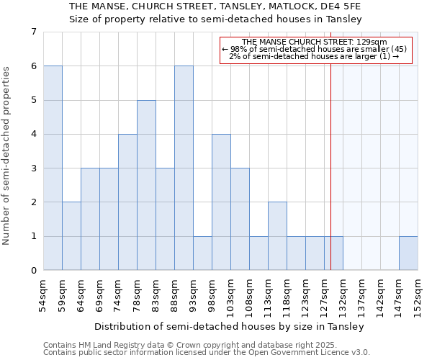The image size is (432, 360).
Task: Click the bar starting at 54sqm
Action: coord(53,168)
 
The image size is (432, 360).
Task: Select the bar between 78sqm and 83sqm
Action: coord(146,185)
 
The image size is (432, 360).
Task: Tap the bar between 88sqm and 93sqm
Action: coord(184,168)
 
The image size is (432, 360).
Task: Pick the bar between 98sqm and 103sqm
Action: coord(221,202)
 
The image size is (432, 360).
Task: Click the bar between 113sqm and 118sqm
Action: coord(277,236)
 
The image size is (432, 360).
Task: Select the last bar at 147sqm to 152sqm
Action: coord(408,253)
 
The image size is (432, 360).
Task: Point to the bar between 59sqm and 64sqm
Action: coord(71,236)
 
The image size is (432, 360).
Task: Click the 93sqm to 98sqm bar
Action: coord(202,253)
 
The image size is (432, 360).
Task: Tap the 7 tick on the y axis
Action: coord(33,32)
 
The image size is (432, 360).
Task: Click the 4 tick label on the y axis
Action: coord(33,134)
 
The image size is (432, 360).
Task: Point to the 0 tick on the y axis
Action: coord(33,270)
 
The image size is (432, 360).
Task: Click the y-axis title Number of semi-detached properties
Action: coord(7,156)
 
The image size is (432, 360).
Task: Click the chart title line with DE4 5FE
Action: coord(215,6)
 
